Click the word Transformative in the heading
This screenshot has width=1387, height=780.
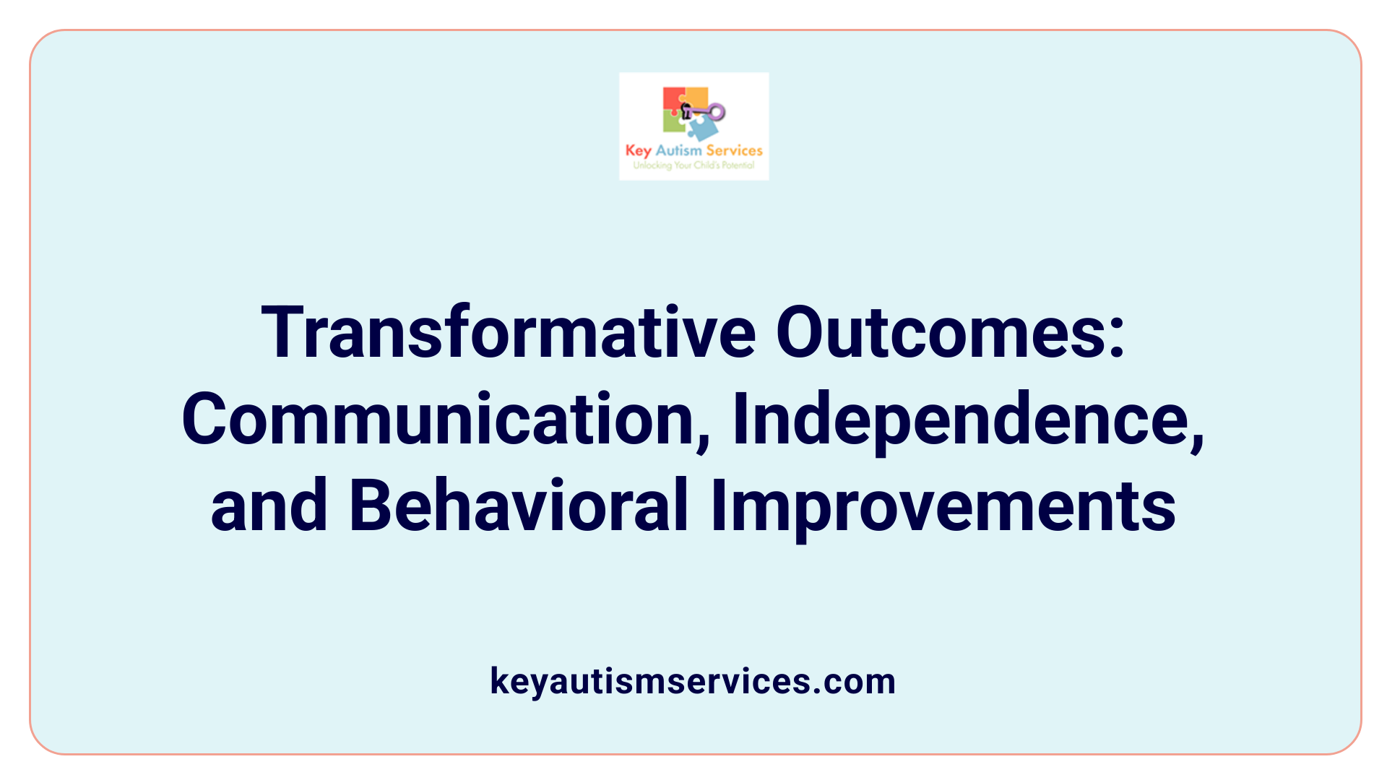[509, 333]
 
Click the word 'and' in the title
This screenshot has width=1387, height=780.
[269, 506]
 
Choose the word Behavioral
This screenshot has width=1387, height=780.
[518, 506]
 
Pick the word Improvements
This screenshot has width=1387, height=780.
[943, 506]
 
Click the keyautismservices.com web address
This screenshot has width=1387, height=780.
[693, 681]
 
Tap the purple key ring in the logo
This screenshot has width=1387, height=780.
[717, 111]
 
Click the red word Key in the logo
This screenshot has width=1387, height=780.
[638, 150]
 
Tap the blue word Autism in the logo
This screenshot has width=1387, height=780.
[678, 150]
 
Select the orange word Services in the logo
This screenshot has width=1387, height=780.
[734, 150]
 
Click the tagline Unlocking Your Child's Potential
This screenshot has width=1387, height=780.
[693, 165]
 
